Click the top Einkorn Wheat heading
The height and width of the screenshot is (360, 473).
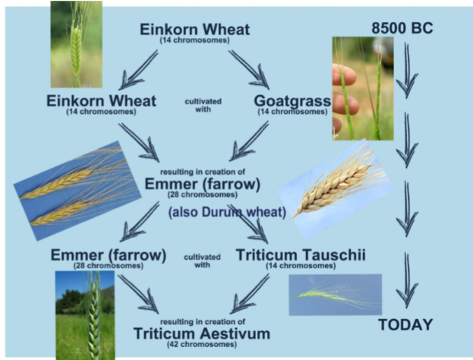tap(194, 30)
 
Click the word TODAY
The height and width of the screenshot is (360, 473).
tap(405, 324)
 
